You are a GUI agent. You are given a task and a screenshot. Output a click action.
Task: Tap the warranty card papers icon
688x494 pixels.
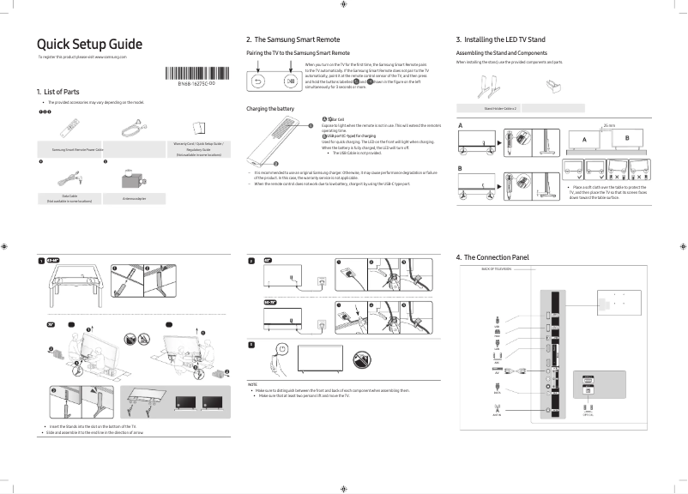(199, 126)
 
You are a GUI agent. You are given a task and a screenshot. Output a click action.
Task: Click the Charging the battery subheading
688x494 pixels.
(270, 109)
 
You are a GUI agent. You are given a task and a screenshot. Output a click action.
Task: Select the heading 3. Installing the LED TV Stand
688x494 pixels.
(500, 40)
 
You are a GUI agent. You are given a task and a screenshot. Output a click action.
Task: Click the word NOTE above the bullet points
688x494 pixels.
(252, 383)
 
